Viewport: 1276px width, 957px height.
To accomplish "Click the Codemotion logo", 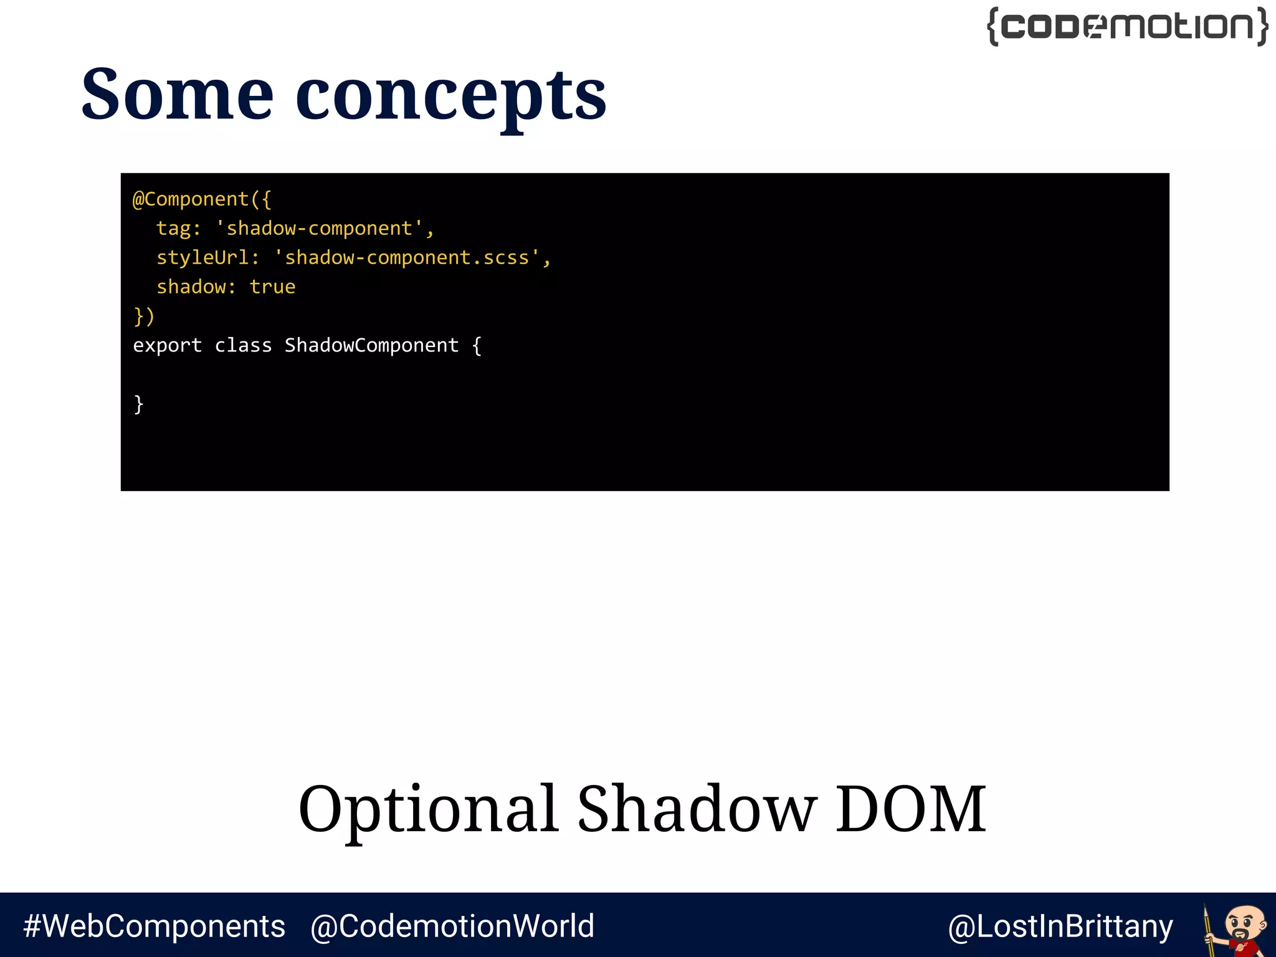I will (1128, 27).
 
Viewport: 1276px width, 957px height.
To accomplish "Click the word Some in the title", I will (178, 95).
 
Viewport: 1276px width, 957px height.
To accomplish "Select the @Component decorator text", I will (196, 199).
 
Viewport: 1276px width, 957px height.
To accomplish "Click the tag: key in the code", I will (178, 229).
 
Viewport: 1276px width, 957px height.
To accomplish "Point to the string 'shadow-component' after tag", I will (318, 229).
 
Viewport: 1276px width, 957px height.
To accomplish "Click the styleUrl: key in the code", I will (207, 258).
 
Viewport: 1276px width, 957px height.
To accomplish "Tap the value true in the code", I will (272, 287).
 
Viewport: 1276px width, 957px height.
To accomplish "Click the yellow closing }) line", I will (144, 317).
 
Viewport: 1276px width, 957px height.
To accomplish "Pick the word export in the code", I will (167, 346).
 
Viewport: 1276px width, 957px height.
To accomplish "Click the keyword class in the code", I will (243, 346).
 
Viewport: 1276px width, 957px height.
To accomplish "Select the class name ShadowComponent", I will (371, 346).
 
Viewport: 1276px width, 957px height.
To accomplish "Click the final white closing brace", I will (139, 404).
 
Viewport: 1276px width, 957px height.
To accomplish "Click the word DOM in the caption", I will (910, 809).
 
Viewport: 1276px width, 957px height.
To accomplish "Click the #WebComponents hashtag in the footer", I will (154, 926).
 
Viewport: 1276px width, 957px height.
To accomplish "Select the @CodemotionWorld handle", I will (452, 926).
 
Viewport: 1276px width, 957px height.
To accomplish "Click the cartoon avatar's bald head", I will (1245, 915).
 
